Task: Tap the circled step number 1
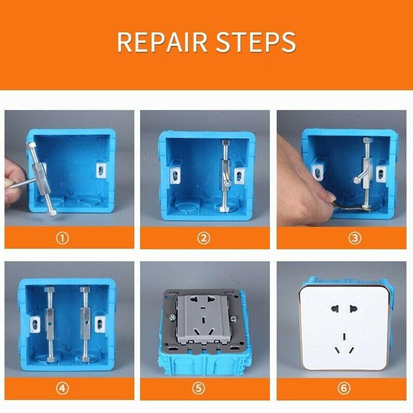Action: pos(62,238)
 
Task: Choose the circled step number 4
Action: pos(62,389)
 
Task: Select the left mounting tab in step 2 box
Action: pos(175,175)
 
